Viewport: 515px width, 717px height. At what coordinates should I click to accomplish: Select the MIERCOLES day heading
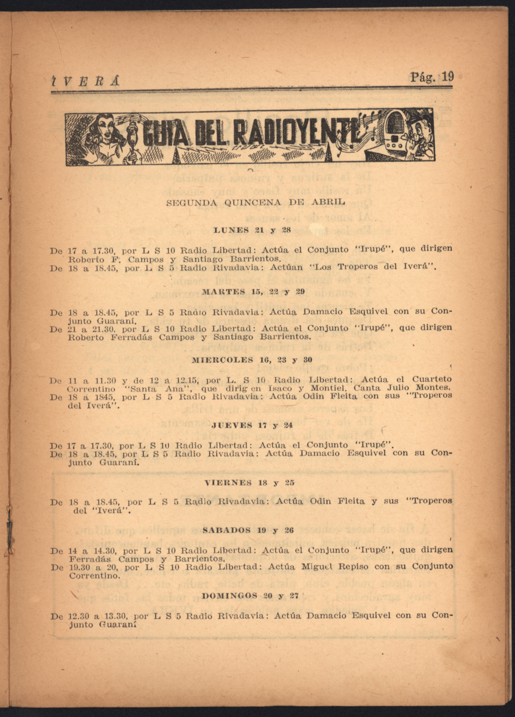[222, 360]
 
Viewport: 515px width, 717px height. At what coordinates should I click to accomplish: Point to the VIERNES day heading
[228, 483]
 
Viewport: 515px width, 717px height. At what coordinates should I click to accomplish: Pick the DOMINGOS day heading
[229, 596]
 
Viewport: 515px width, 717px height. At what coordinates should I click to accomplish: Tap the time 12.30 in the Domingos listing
[79, 616]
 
